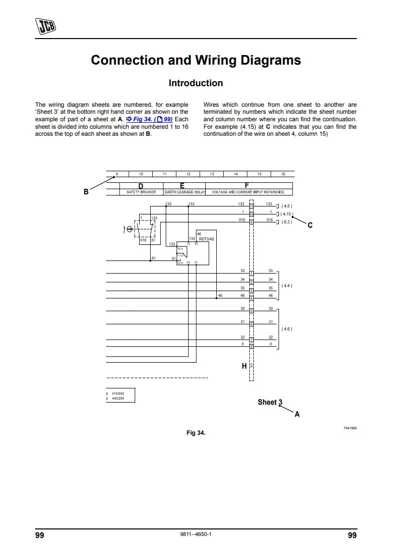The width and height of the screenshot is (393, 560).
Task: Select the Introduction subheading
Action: pyautogui.click(x=196, y=83)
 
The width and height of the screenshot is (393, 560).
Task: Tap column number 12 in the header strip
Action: pyautogui.click(x=188, y=174)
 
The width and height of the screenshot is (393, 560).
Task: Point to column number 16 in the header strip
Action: pyautogui.click(x=283, y=174)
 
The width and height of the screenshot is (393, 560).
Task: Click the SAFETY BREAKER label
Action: pyautogui.click(x=141, y=192)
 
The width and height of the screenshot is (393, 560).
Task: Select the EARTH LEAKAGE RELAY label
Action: pyautogui.click(x=185, y=192)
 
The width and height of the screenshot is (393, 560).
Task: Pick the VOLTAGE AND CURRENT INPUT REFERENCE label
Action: pyautogui.click(x=248, y=192)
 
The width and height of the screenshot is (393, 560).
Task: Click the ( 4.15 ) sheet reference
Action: pyautogui.click(x=287, y=214)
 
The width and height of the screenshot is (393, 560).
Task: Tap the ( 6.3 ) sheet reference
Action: pyautogui.click(x=287, y=221)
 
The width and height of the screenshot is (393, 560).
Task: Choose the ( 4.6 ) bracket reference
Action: pyautogui.click(x=287, y=329)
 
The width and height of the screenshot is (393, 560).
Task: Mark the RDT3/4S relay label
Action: pyautogui.click(x=206, y=239)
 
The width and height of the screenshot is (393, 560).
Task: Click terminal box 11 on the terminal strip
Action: pyautogui.click(x=251, y=206)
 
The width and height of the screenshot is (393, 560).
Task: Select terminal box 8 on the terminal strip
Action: pyautogui.click(x=251, y=346)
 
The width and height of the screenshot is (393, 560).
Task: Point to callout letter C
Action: pyautogui.click(x=310, y=225)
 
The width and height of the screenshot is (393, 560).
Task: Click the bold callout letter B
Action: pyautogui.click(x=86, y=191)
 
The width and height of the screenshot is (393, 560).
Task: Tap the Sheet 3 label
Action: pyautogui.click(x=270, y=402)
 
